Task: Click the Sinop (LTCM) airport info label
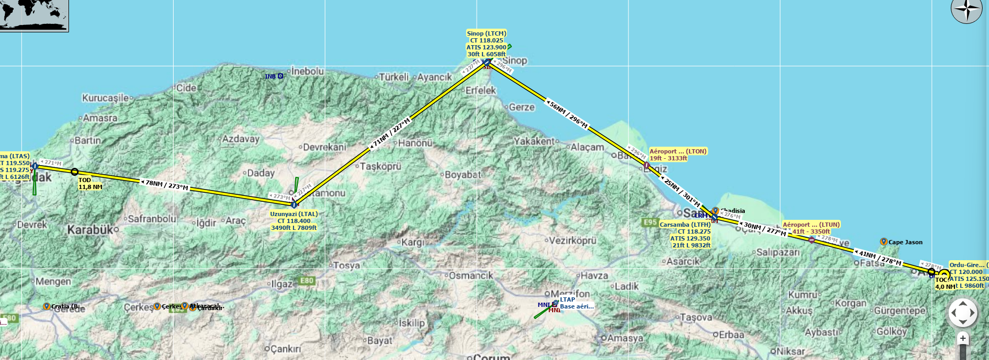click(486, 44)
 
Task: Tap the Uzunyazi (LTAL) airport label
click(294, 221)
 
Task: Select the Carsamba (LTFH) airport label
click(685, 235)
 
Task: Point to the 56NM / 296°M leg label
click(568, 115)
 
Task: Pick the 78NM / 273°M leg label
click(167, 185)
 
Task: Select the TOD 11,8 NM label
click(90, 184)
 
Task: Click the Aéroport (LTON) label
click(678, 155)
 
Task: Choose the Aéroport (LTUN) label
click(811, 228)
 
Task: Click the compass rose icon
click(966, 11)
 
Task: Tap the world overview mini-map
click(34, 15)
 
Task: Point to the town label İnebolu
click(307, 71)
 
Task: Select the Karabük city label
click(90, 230)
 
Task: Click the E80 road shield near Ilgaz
click(307, 281)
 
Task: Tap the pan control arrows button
click(963, 313)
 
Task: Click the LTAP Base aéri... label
click(576, 303)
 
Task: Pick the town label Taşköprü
click(381, 166)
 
